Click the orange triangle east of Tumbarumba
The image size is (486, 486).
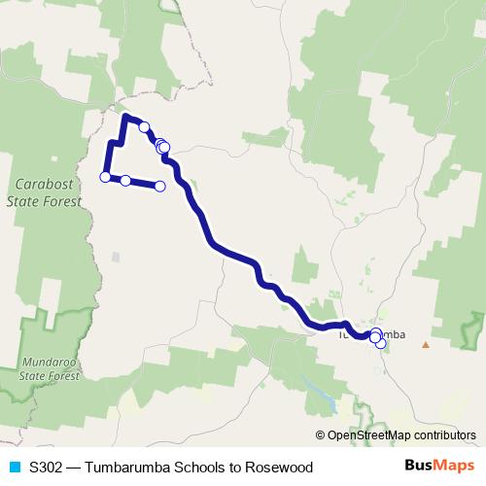click(x=425, y=343)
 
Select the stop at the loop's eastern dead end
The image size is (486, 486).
click(x=160, y=186)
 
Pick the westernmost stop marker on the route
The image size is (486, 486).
click(x=105, y=176)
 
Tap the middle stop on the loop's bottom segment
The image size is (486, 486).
click(x=125, y=180)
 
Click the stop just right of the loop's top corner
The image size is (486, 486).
click(x=144, y=126)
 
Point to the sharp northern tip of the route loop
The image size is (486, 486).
click(x=123, y=117)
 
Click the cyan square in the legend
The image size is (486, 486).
click(x=15, y=468)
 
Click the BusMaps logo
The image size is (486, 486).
click(x=440, y=467)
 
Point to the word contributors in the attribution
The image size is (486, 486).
click(x=444, y=436)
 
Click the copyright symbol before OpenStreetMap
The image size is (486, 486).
click(x=321, y=436)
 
